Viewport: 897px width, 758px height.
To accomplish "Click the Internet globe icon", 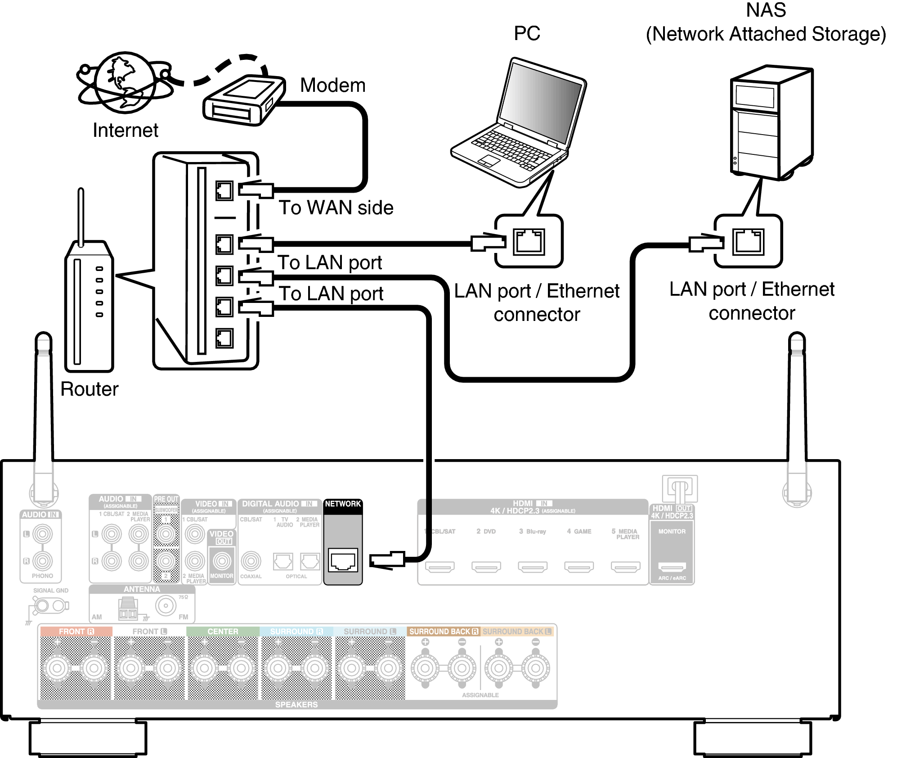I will coord(125,83).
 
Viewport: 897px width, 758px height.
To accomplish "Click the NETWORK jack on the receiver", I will coord(343,560).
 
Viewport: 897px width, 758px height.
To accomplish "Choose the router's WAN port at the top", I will coord(224,191).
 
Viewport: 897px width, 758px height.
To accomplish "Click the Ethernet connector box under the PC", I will coord(529,241).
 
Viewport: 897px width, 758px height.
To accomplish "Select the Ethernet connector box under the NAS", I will coord(748,241).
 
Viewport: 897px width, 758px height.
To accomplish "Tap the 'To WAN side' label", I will coord(336,208).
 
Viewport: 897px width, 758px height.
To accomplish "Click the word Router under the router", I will coord(89,389).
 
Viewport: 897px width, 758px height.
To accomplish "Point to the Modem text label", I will coord(332,86).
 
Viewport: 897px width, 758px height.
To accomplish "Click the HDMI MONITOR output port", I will coord(672,566).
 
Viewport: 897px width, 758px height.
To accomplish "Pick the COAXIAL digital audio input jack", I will coord(251,561).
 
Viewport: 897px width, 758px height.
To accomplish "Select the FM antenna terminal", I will coord(166,606).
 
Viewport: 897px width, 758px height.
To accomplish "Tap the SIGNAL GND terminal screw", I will coord(42,606).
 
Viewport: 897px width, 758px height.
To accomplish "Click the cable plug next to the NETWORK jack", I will coord(387,560).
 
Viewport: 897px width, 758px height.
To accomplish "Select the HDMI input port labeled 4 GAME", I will coord(579,566).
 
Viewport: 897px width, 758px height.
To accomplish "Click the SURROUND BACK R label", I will coord(444,632).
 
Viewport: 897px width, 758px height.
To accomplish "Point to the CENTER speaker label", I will coord(223,632).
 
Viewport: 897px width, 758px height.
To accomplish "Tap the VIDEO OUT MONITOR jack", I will coord(222,561).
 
